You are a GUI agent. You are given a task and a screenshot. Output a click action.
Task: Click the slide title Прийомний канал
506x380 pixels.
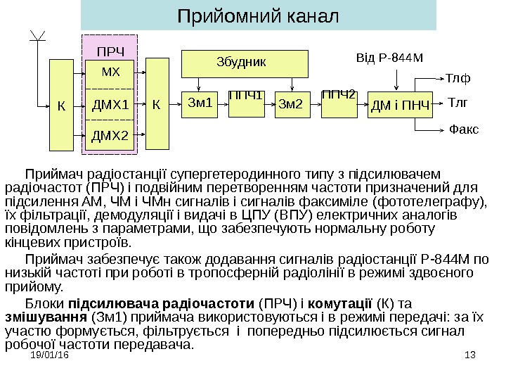pyautogui.click(x=257, y=15)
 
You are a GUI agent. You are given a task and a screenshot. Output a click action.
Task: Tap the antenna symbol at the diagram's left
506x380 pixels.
pyautogui.click(x=39, y=39)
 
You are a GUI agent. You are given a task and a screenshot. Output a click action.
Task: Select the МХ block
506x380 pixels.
pyautogui.click(x=110, y=72)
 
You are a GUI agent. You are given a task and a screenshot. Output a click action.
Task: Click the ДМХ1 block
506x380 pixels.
pyautogui.click(x=110, y=106)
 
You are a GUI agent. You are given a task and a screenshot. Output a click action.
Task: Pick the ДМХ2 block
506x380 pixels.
pyautogui.click(x=110, y=135)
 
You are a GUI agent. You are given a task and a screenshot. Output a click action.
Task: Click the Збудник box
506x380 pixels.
pyautogui.click(x=240, y=62)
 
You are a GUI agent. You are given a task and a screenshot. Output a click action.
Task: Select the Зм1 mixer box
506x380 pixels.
pyautogui.click(x=200, y=105)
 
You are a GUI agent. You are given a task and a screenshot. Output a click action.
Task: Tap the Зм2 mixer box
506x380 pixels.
pyautogui.click(x=290, y=105)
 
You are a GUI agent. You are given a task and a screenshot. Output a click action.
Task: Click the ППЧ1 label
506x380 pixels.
pyautogui.click(x=245, y=94)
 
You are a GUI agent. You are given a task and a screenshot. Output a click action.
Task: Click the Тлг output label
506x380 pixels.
pyautogui.click(x=458, y=103)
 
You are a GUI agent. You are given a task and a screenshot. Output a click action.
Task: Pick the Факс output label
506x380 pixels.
pyautogui.click(x=463, y=129)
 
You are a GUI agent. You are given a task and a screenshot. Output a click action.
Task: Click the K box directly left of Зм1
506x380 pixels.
pyautogui.click(x=156, y=105)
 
